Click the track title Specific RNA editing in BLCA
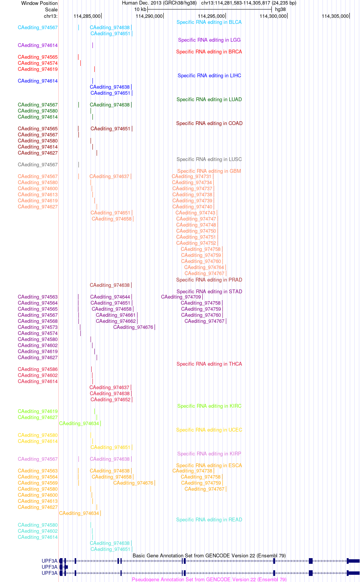pos(209,22)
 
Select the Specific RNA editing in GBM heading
pos(209,171)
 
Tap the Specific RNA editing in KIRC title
pos(209,406)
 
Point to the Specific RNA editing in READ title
pos(209,519)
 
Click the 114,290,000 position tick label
pos(149,16)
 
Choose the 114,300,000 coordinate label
pos(273,16)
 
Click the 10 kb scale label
pos(140,9)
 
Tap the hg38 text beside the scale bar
pos(280,9)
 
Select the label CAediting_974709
pos(181,297)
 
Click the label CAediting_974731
pos(192,177)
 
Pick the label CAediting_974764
pos(204,268)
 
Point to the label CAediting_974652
pos(111,400)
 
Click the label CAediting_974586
pos(38,369)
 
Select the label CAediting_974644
pos(110,297)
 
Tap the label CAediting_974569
pos(38,483)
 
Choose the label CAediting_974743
pos(196,213)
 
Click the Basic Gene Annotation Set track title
pos(209,555)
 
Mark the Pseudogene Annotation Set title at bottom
pos(209,579)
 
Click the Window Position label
pos(39,3)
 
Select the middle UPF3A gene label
pos(49,567)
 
